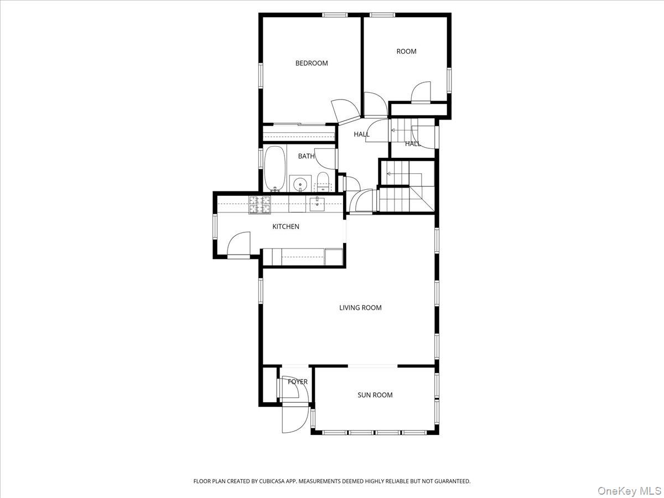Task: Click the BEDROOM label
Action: point(312,63)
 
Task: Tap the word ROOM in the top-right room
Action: point(406,51)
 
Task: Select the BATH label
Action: point(306,156)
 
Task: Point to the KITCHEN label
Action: point(286,226)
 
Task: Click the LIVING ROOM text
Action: point(360,308)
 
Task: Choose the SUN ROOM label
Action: point(375,395)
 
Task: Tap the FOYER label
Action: point(298,382)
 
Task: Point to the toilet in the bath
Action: point(323,180)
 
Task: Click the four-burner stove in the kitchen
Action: point(261,205)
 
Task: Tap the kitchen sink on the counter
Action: point(318,204)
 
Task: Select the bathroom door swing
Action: point(326,159)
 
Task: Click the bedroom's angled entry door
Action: point(345,110)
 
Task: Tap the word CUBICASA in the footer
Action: point(272,481)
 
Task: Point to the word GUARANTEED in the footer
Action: point(450,481)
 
